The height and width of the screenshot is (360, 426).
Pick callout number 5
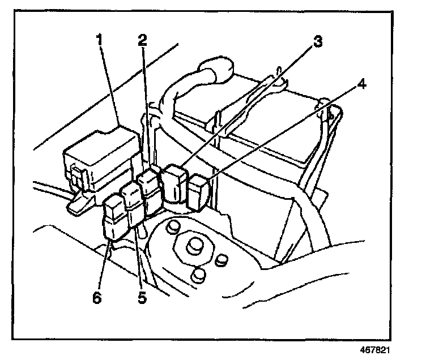142,296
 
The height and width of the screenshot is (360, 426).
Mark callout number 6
98,297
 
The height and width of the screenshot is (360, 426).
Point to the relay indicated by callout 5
136,207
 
